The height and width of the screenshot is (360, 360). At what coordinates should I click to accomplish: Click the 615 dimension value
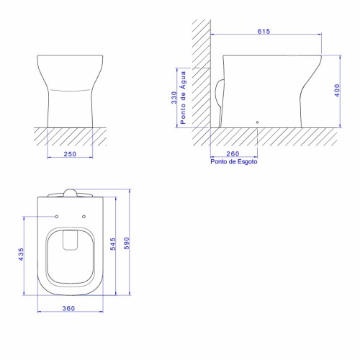point(264,31)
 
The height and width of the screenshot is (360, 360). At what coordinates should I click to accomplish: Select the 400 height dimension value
point(337,90)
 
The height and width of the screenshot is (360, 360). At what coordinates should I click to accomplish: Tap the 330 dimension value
point(174,97)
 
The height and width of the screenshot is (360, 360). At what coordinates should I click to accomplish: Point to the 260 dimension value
point(233,153)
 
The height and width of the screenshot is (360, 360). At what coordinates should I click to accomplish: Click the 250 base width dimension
point(70,154)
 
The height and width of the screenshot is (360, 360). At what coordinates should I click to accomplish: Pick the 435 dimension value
point(21,254)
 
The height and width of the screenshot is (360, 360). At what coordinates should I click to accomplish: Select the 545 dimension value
point(113,244)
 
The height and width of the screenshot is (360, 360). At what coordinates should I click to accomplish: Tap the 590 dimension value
point(127,243)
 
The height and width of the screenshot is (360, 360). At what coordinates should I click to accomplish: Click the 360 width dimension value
point(68,308)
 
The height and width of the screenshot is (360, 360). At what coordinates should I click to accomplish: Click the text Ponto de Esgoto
point(234,161)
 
